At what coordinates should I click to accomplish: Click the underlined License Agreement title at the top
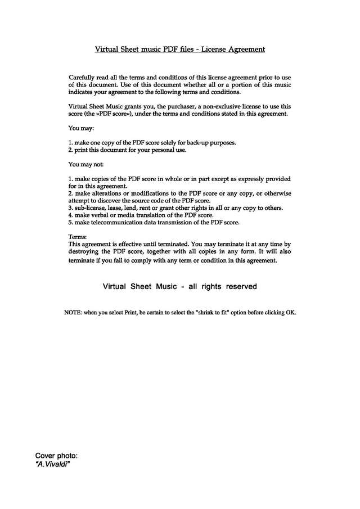179,49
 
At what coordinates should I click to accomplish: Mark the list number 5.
70,223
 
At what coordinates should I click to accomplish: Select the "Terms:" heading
78,237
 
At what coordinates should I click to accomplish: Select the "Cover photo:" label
56,456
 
